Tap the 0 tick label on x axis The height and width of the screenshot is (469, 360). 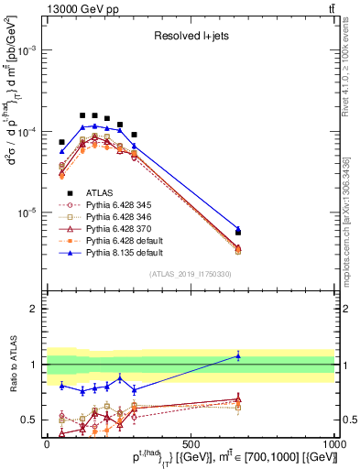pos(47,443)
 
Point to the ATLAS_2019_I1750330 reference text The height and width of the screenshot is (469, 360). pos(191,274)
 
